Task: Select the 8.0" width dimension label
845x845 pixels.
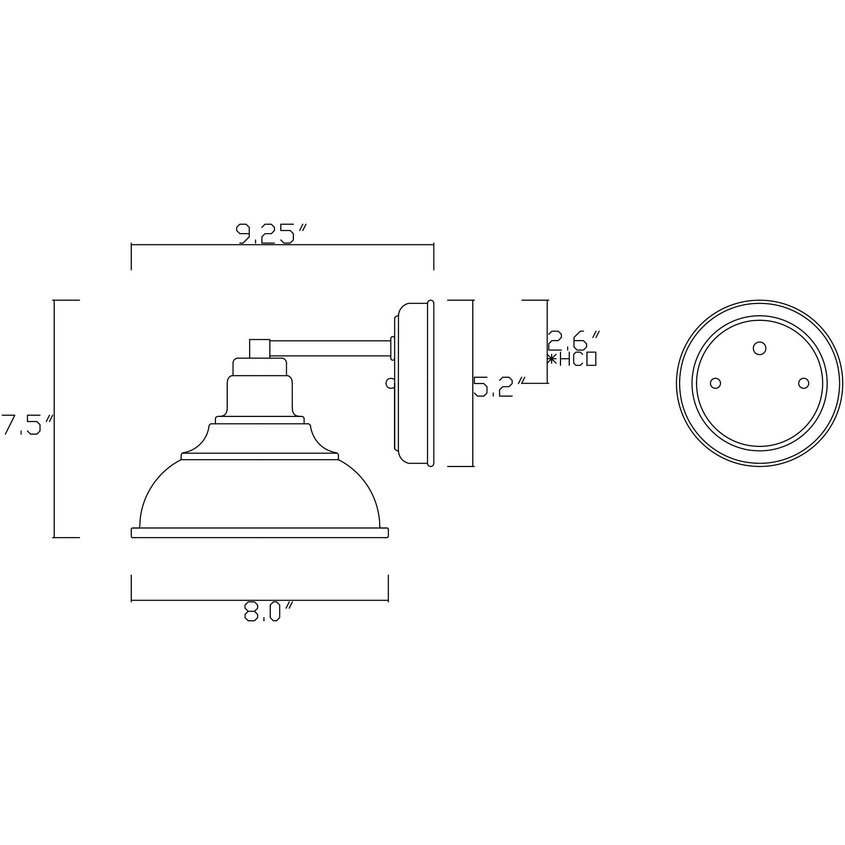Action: (x=267, y=612)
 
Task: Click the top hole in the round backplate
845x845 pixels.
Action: (x=760, y=348)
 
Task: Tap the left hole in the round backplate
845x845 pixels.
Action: (x=715, y=383)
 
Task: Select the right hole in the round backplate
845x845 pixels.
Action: (x=803, y=383)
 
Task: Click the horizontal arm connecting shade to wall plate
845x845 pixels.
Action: (x=330, y=348)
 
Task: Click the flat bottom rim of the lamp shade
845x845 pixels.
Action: (x=260, y=533)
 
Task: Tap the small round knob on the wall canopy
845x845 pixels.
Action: (x=389, y=384)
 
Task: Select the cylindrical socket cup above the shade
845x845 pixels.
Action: (x=259, y=396)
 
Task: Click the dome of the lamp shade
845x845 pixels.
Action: (x=260, y=494)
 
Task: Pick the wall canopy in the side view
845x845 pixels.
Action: (x=413, y=383)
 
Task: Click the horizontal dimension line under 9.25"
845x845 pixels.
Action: (x=282, y=245)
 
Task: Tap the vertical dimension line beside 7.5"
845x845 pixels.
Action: (x=54, y=419)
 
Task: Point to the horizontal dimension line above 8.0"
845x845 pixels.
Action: (x=260, y=601)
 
